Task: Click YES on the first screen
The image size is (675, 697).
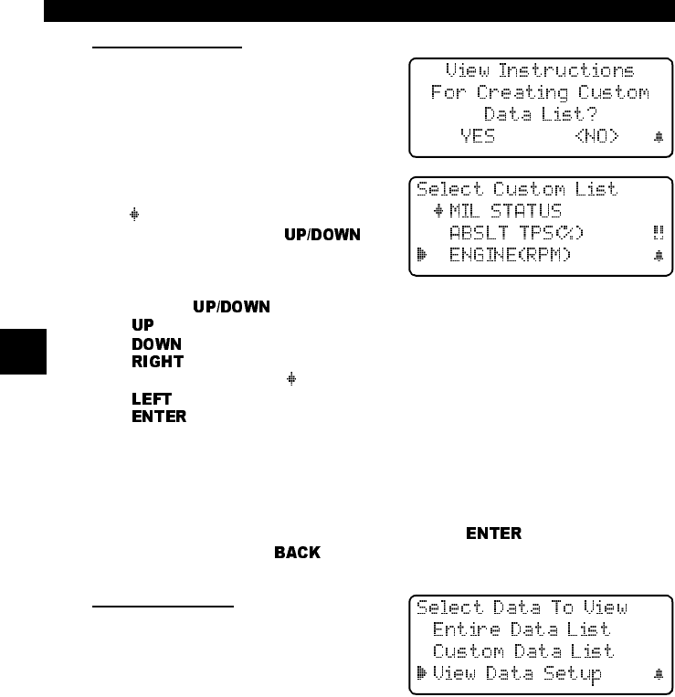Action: [x=477, y=136]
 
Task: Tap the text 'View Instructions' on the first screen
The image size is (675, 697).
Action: [x=539, y=71]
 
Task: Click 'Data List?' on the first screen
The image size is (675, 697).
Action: [x=539, y=114]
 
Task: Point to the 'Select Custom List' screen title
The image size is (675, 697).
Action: [x=517, y=189]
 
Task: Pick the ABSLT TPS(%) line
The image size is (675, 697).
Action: [x=517, y=233]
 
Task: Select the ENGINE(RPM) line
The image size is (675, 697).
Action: [x=511, y=255]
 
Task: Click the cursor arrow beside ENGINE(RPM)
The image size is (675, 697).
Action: [x=421, y=255]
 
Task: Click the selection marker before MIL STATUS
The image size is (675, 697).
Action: [x=438, y=211]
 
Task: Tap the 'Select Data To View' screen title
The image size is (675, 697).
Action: [x=522, y=607]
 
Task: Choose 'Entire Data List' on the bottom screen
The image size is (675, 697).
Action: [x=522, y=629]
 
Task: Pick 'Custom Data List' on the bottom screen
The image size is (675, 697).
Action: [x=522, y=651]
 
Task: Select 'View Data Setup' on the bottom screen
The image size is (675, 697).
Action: [x=517, y=674]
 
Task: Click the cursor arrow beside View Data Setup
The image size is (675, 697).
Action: [x=421, y=674]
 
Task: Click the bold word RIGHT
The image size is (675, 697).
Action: [x=157, y=362]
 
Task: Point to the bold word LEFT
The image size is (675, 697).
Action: [x=151, y=398]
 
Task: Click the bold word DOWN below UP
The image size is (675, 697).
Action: [x=156, y=344]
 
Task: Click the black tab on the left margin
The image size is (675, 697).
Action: [x=21, y=350]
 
